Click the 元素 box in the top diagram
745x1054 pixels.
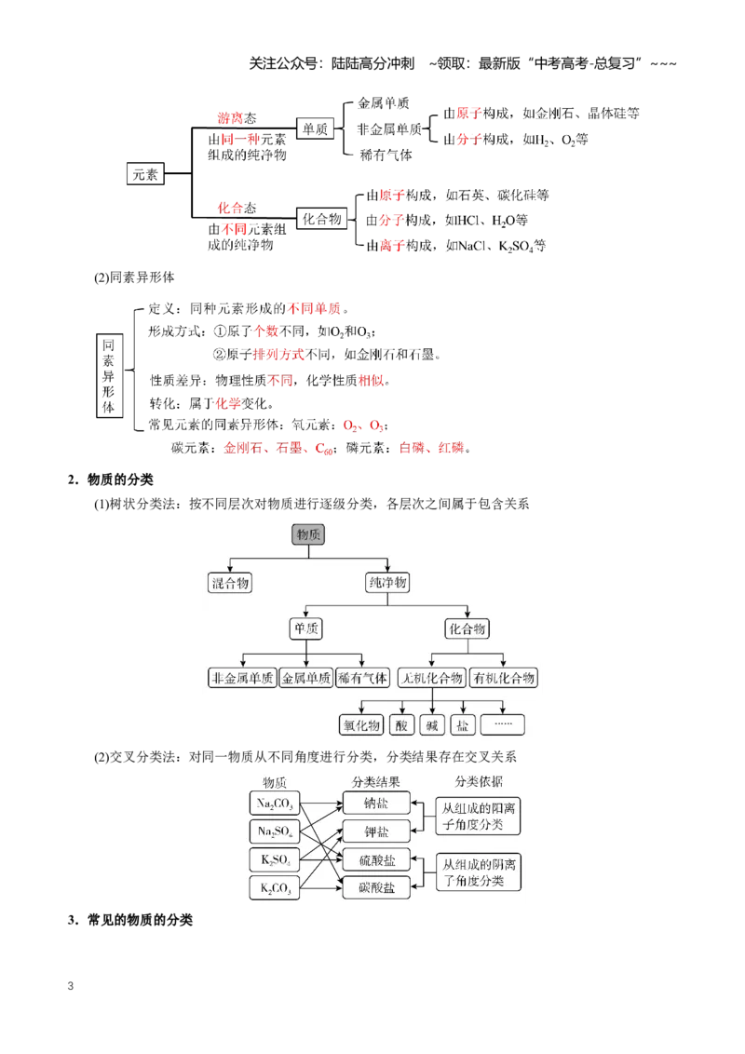145,174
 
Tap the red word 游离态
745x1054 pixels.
237,118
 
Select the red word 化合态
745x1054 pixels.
237,208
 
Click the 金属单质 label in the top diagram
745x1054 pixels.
384,102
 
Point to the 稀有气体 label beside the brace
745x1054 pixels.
386,155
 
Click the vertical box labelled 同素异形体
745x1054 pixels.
109,376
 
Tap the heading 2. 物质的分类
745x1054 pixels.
110,480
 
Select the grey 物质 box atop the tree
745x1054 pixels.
308,534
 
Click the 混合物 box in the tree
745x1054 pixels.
230,583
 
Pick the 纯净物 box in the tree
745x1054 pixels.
388,582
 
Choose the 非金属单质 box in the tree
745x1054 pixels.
243,678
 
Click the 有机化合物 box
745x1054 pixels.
504,678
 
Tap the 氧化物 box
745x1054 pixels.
361,725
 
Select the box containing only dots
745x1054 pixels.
503,724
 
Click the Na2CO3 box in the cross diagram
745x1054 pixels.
275,804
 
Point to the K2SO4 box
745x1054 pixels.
275,859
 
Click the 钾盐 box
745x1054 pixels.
376,831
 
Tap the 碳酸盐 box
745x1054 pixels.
376,888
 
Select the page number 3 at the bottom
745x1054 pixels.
71,986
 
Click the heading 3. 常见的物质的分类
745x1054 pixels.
129,920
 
